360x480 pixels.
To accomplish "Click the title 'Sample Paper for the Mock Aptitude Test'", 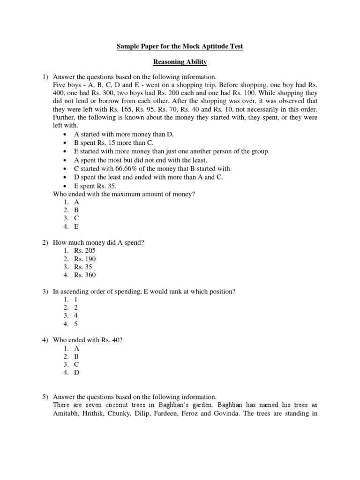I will point(180,46).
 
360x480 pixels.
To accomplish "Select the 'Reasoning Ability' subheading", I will point(180,62).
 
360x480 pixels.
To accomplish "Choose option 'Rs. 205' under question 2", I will point(84,251).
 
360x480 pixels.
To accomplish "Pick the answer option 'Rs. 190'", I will point(84,259).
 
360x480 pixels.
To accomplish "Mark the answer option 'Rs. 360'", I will point(84,275).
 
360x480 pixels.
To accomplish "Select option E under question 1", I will point(76,226).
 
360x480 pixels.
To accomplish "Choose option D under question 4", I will point(76,373).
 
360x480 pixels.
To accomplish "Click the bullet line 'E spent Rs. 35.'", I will point(95,186).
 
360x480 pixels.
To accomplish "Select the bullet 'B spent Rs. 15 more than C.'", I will point(114,143).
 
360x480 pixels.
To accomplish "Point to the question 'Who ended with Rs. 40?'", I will point(88,340).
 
